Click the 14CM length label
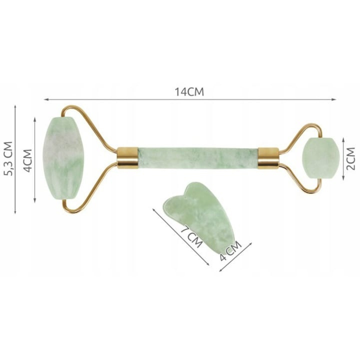click(x=189, y=92)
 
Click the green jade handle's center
click(x=197, y=157)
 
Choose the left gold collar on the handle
click(x=127, y=157)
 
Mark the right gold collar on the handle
click(x=268, y=157)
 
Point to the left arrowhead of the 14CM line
click(x=45, y=99)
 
